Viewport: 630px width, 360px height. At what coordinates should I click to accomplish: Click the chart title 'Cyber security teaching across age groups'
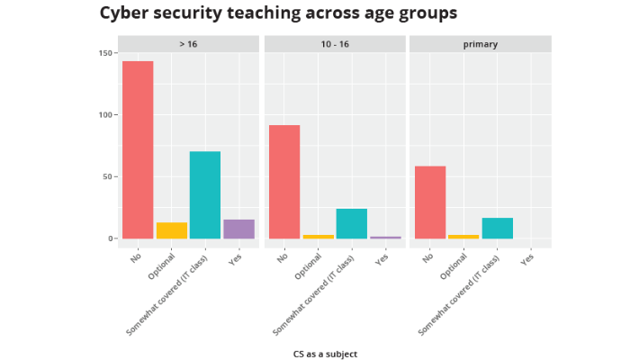click(278, 13)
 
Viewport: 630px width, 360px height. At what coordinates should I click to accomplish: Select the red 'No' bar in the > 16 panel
click(138, 149)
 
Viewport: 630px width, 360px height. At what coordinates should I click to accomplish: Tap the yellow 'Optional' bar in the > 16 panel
click(172, 230)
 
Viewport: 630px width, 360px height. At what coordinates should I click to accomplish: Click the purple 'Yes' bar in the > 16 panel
click(239, 229)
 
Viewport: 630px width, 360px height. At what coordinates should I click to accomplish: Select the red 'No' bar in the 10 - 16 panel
click(284, 182)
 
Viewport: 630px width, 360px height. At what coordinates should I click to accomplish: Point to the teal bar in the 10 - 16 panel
click(352, 223)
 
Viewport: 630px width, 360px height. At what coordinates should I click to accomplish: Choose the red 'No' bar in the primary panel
click(430, 202)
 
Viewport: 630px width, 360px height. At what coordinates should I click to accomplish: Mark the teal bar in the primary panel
click(498, 228)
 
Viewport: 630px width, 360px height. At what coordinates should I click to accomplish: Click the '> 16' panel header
click(188, 44)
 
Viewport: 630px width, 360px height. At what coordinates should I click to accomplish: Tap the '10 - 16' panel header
click(334, 44)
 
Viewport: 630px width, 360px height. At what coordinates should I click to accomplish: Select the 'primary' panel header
click(480, 44)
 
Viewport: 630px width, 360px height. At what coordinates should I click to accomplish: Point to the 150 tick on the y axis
click(105, 53)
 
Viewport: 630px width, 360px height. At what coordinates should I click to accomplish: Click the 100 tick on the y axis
click(105, 115)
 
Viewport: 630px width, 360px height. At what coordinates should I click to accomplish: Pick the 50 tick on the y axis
click(108, 176)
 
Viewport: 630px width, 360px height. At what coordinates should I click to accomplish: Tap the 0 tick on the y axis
click(111, 238)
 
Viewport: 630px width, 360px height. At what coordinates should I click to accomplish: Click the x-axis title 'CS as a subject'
click(325, 354)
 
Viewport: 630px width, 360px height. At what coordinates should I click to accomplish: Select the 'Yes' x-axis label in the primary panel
click(528, 258)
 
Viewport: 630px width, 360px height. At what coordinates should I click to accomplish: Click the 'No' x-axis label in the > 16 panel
click(136, 258)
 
